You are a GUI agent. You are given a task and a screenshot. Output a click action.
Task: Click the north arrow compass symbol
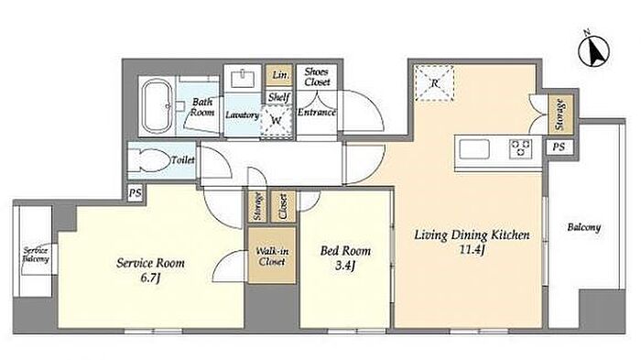tap(593, 50)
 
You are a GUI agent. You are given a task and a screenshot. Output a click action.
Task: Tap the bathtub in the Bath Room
tap(157, 106)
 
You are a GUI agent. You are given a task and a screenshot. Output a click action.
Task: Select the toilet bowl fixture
tap(148, 160)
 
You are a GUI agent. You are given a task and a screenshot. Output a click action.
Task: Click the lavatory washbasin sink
tap(243, 79)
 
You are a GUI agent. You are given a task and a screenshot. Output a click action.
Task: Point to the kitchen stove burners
tap(520, 149)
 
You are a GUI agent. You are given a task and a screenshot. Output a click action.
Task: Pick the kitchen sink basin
tap(474, 149)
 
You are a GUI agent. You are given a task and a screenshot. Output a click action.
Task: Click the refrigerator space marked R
tap(434, 83)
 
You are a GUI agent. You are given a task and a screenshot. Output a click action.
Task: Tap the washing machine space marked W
tap(277, 120)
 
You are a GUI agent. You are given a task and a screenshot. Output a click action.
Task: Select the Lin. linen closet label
tap(280, 75)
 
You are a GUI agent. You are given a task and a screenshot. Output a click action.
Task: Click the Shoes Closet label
tap(317, 77)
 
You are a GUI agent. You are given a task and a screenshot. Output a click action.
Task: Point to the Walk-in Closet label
tap(272, 256)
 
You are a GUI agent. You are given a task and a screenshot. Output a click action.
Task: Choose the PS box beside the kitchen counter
tap(559, 147)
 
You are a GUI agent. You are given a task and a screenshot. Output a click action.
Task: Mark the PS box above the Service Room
tap(135, 193)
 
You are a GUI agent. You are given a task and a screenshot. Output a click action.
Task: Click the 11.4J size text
tap(473, 249)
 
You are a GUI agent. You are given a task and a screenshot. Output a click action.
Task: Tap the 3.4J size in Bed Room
tap(345, 266)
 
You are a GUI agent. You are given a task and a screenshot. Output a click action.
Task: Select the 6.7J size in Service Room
tap(150, 278)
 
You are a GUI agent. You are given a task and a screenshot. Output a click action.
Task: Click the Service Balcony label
tap(36, 255)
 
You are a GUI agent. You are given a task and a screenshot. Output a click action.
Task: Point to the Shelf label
tap(278, 97)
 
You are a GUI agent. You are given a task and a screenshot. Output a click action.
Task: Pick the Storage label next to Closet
tap(257, 206)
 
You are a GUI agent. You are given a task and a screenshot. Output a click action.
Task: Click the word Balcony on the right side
tap(584, 227)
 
